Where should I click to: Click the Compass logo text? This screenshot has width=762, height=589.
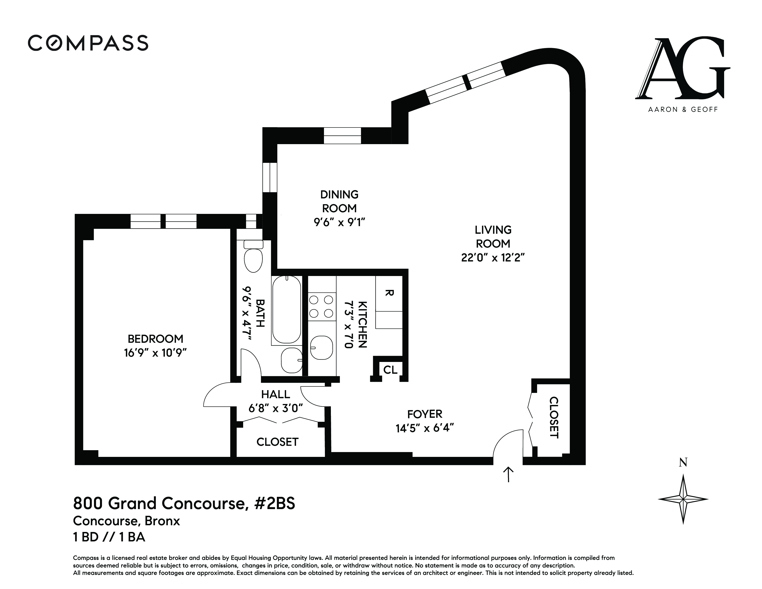(x=88, y=43)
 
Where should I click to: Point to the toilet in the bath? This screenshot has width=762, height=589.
(x=253, y=256)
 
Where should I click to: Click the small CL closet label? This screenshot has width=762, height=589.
(x=390, y=370)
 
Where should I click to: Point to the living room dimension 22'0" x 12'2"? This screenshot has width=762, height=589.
(x=493, y=258)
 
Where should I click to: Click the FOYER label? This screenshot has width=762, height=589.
(x=425, y=414)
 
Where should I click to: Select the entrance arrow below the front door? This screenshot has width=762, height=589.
(x=508, y=475)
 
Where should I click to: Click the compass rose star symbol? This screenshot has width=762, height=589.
(x=683, y=499)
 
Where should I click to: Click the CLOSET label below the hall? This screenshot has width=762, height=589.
(x=277, y=442)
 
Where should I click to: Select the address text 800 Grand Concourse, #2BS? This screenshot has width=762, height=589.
(x=184, y=504)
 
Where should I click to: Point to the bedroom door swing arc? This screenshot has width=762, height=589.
(x=216, y=394)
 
